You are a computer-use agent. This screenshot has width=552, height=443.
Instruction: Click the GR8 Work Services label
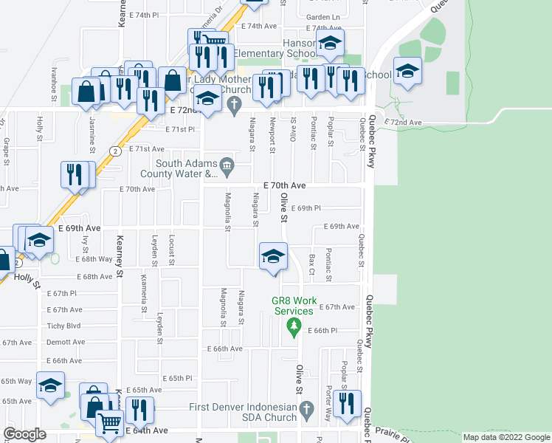[x=294, y=306]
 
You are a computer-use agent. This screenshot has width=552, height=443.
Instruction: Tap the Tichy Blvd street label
[x=63, y=326]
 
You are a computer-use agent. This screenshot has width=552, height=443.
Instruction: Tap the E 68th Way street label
[x=94, y=259]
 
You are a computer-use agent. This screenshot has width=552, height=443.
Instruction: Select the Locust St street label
[x=172, y=248]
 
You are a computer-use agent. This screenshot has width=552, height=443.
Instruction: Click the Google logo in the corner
[x=24, y=433]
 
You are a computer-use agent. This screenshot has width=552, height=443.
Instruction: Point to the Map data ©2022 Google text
[x=506, y=437]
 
